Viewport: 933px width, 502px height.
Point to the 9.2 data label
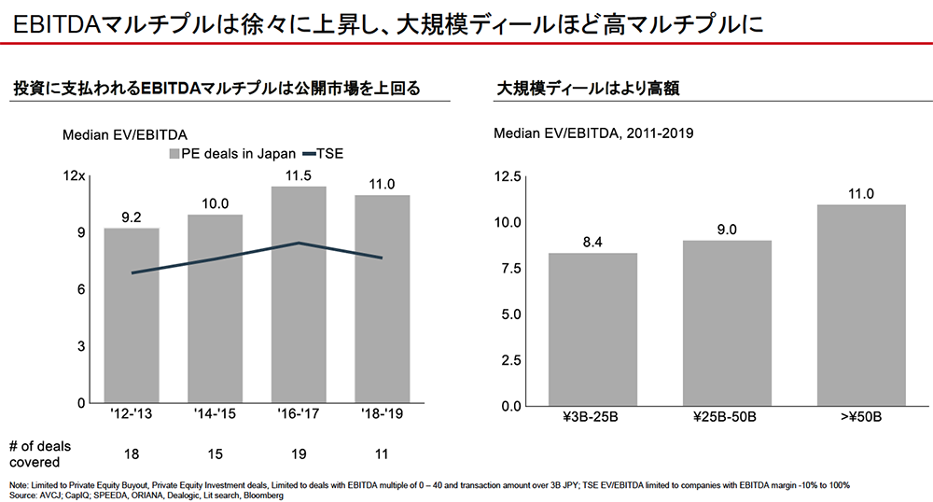click(x=131, y=216)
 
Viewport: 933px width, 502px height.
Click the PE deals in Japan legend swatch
click(x=174, y=154)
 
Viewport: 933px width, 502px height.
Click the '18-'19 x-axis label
click(x=383, y=412)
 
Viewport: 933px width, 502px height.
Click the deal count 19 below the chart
click(x=299, y=453)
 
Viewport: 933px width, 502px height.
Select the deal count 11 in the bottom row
click(x=383, y=453)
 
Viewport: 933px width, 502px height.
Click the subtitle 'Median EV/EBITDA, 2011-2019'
click(x=592, y=133)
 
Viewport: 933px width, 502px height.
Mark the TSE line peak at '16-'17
click(x=299, y=244)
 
